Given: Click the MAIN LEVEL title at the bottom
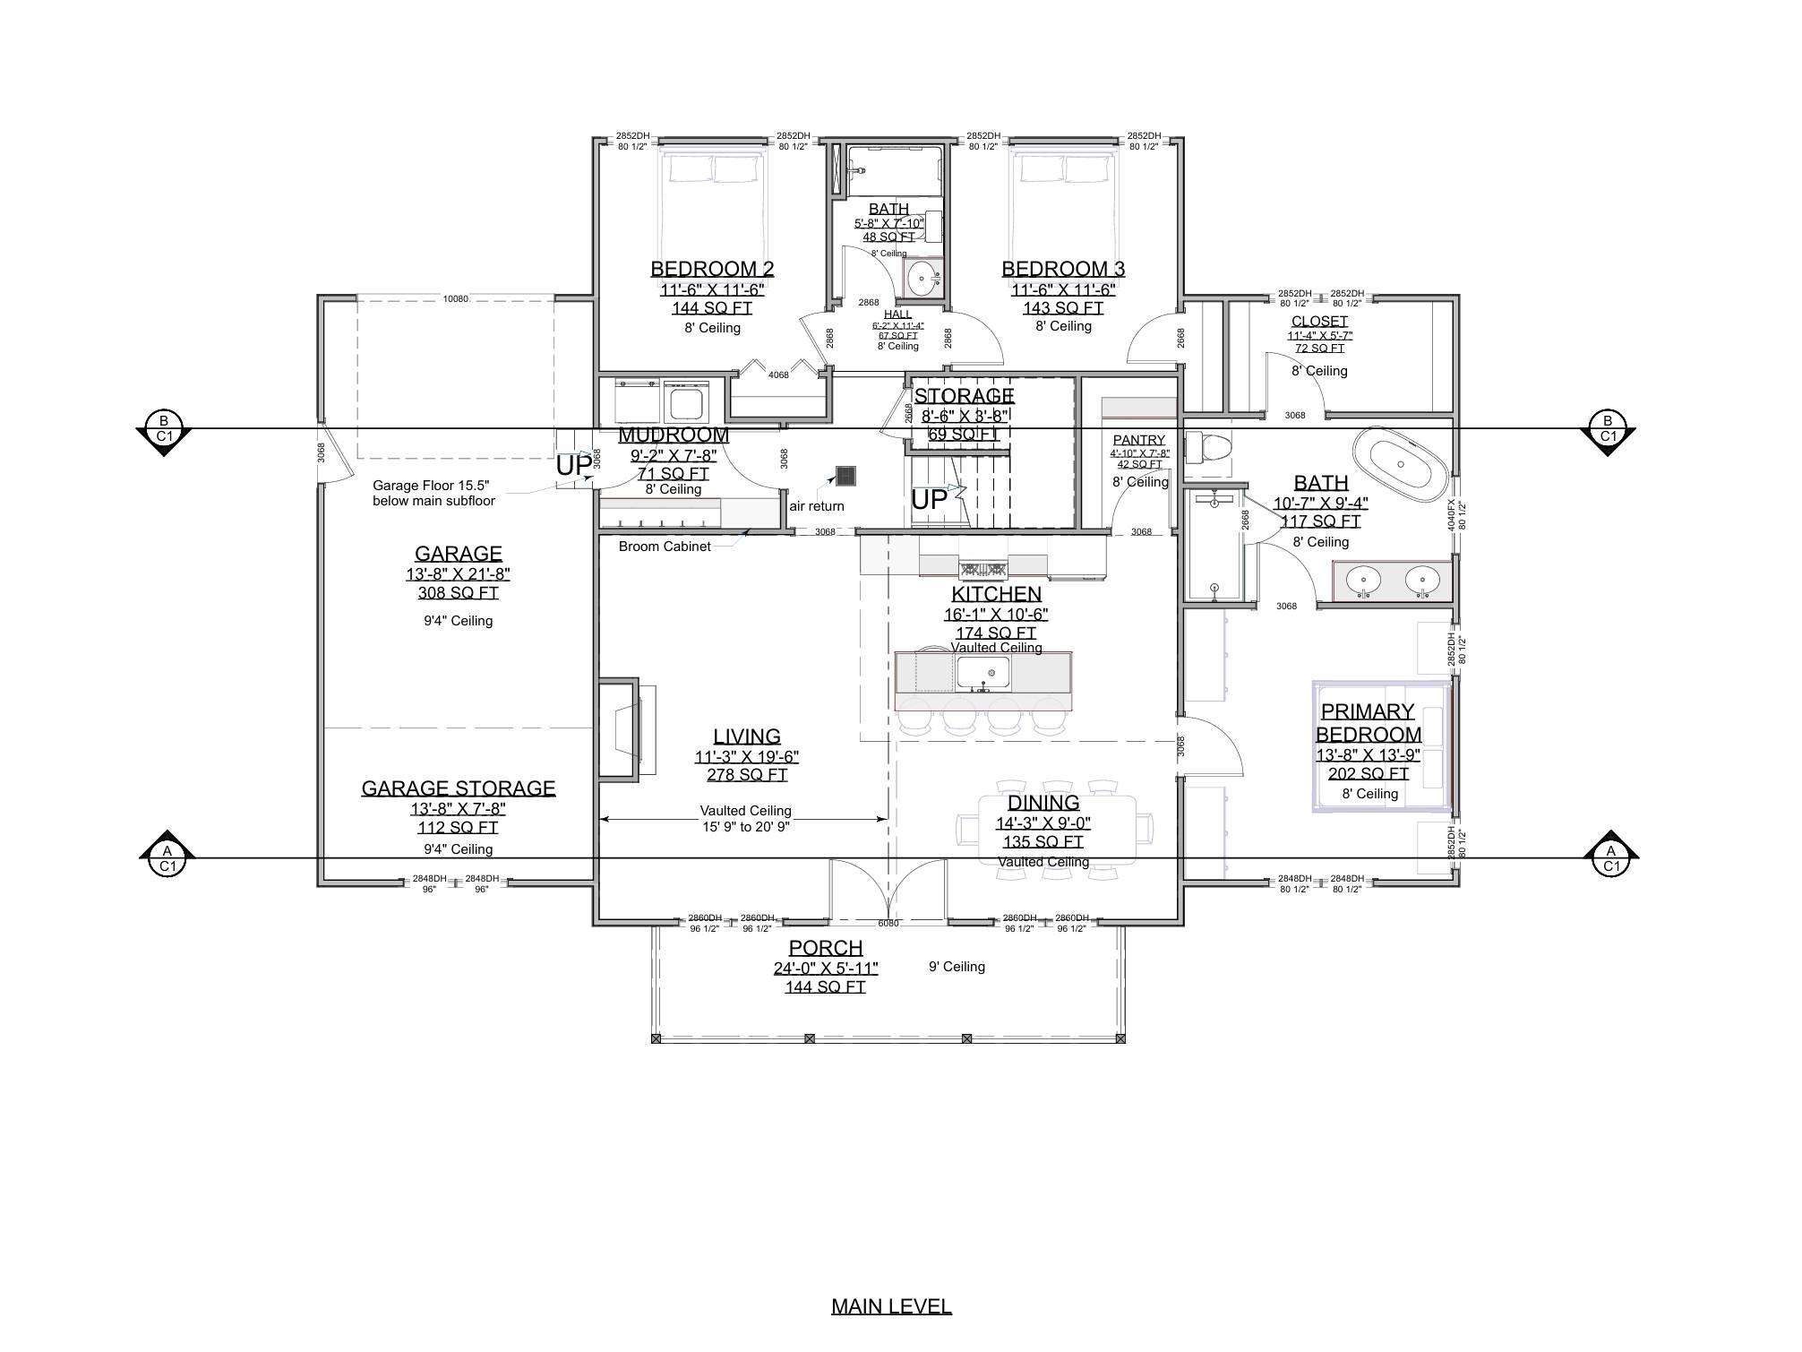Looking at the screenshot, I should (x=890, y=1306).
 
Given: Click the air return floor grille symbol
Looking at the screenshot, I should (x=845, y=476).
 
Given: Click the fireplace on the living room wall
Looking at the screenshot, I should (x=627, y=727).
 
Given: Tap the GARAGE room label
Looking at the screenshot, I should (x=458, y=554).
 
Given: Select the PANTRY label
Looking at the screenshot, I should (x=1138, y=440).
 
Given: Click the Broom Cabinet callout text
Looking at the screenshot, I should (x=665, y=547).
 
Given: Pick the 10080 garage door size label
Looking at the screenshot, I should (x=455, y=299).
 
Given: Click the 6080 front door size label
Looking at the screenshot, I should (x=888, y=923).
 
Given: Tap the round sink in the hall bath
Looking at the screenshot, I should (x=922, y=279).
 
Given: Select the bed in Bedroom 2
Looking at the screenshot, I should (x=712, y=206).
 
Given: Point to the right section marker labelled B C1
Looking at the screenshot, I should (x=1608, y=429).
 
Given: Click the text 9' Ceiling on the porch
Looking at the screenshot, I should (x=957, y=967).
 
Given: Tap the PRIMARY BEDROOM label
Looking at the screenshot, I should (x=1368, y=722).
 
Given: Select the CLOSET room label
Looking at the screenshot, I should (x=1319, y=321).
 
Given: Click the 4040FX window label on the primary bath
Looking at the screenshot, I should (x=1451, y=515).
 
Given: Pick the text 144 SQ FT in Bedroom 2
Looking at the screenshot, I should (x=712, y=308).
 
